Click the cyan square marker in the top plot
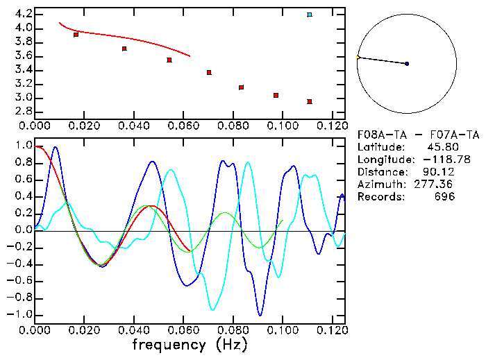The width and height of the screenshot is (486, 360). (x=310, y=15)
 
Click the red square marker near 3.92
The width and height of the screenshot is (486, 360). (x=76, y=35)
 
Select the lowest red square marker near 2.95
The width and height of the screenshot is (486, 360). (x=309, y=102)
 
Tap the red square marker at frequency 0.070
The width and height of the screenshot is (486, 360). (x=209, y=72)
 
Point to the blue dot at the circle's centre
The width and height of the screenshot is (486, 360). (x=407, y=64)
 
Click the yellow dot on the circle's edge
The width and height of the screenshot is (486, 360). (x=358, y=57)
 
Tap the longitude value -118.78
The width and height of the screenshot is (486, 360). (x=433, y=160)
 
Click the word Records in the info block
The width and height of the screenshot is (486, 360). (x=378, y=197)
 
